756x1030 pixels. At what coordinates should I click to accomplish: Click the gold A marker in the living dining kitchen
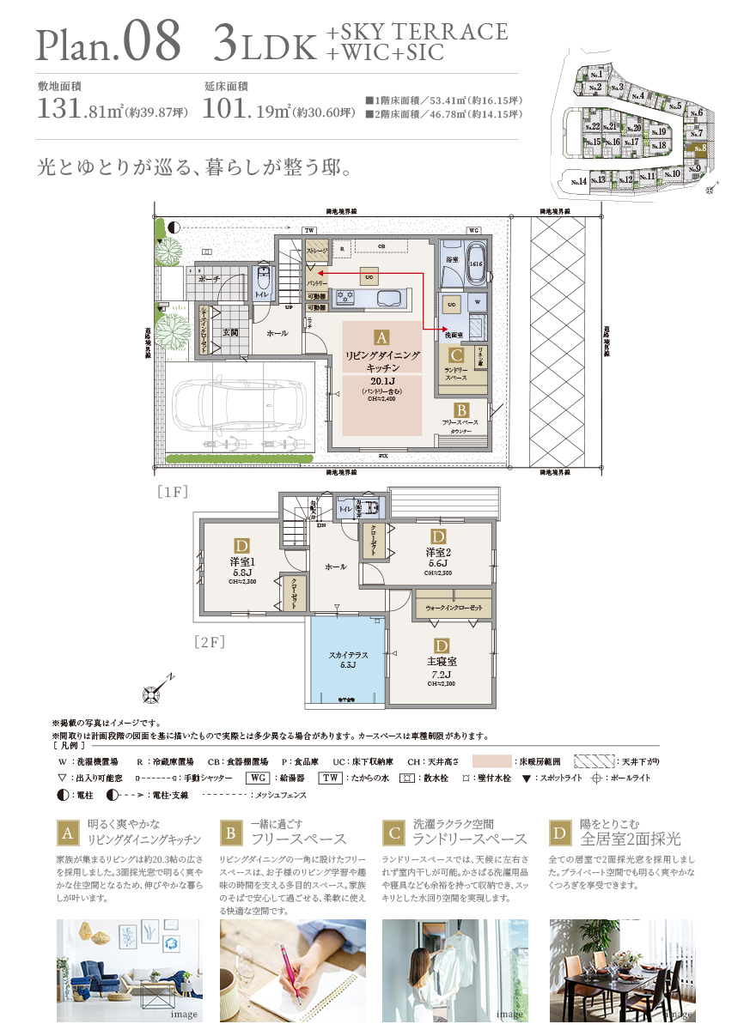pyautogui.click(x=381, y=338)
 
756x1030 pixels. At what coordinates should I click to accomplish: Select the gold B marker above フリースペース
pyautogui.click(x=461, y=411)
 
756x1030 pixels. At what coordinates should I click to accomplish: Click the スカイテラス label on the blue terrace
pyautogui.click(x=349, y=655)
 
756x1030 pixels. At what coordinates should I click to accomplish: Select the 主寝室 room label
pyautogui.click(x=442, y=662)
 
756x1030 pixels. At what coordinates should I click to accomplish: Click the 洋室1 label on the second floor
pyautogui.click(x=241, y=562)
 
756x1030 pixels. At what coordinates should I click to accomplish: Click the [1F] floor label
pyautogui.click(x=173, y=492)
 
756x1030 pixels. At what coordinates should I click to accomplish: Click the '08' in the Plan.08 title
pyautogui.click(x=151, y=40)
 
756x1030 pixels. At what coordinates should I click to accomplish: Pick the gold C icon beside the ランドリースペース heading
pyautogui.click(x=394, y=832)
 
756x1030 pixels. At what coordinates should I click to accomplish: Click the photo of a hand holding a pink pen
pyautogui.click(x=292, y=970)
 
